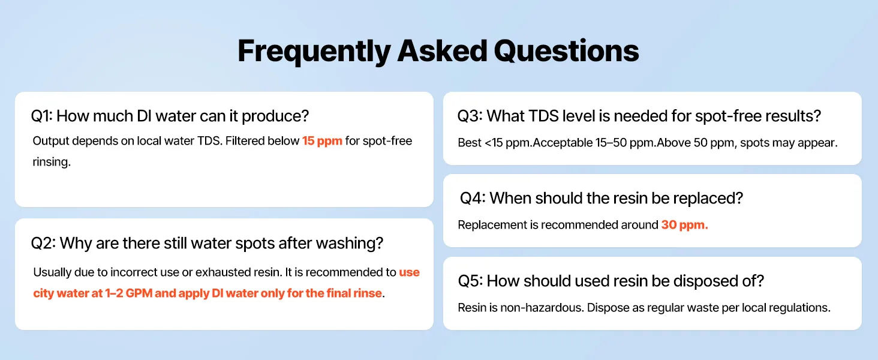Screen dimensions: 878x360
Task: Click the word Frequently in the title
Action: pyautogui.click(x=314, y=52)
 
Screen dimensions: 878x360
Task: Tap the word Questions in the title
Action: pyautogui.click(x=566, y=51)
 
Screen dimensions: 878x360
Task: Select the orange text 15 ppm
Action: pyautogui.click(x=322, y=141)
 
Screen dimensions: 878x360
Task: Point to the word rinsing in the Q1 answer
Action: pyautogui.click(x=52, y=162)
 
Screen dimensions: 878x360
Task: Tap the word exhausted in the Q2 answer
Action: pyautogui.click(x=223, y=272)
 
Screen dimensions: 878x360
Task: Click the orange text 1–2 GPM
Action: pyautogui.click(x=128, y=293)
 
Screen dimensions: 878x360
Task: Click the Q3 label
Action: pyautogui.click(x=470, y=116)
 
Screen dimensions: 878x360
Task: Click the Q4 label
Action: pyautogui.click(x=473, y=199)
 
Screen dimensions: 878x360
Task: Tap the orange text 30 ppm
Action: pyautogui.click(x=684, y=225)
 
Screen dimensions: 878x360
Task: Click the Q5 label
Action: pyautogui.click(x=470, y=281)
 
